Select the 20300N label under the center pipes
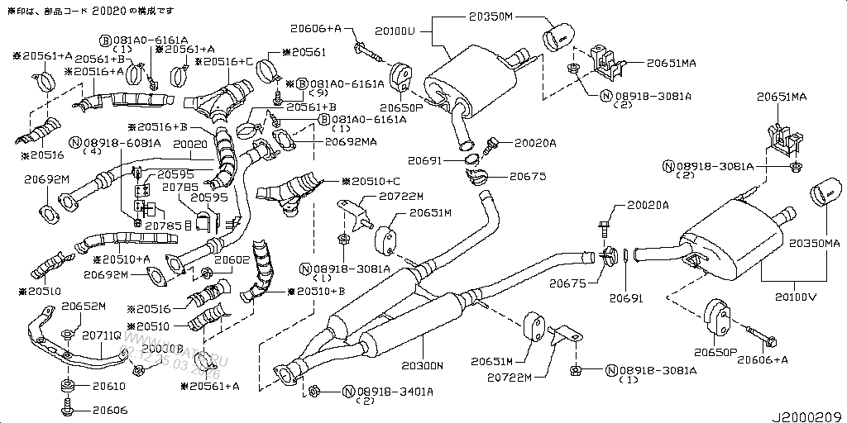(423, 364)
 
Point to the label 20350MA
(813, 245)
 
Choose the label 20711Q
(101, 335)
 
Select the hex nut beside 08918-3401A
(314, 388)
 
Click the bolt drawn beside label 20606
(66, 407)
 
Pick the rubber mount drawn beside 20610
(66, 386)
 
